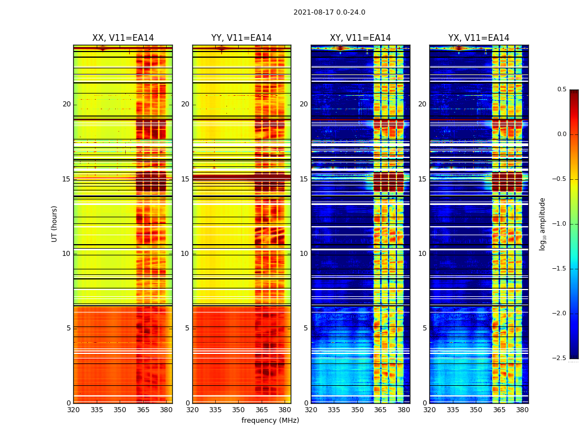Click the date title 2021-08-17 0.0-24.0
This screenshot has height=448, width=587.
pyautogui.click(x=329, y=12)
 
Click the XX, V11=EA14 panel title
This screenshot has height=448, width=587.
pyautogui.click(x=123, y=38)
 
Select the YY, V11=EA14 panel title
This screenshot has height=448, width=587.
pyautogui.click(x=242, y=38)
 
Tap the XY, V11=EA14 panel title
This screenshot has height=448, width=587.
pyautogui.click(x=360, y=38)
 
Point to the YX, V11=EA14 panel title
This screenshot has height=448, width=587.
pyautogui.click(x=479, y=38)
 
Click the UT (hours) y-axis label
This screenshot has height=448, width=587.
pyautogui.click(x=55, y=223)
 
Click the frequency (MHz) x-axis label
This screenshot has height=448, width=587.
pyautogui.click(x=270, y=421)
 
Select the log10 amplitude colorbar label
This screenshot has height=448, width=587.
pyautogui.click(x=542, y=223)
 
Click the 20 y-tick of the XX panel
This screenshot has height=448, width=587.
pyautogui.click(x=67, y=104)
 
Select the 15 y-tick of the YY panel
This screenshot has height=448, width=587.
pyautogui.click(x=185, y=179)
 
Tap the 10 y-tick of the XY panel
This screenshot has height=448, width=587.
pyautogui.click(x=304, y=254)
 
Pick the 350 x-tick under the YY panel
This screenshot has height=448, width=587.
pyautogui.click(x=239, y=409)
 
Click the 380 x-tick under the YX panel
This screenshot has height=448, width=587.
pyautogui.click(x=522, y=409)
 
